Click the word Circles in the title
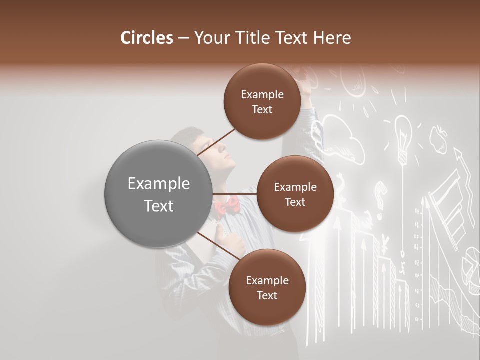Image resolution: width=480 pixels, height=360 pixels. tap(146, 38)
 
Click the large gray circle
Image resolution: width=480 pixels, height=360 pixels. tap(159, 194)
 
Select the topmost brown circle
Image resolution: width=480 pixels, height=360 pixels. tap(262, 102)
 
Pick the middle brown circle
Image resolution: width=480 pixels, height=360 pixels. tap(295, 194)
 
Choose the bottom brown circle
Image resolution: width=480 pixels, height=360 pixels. tap(267, 287)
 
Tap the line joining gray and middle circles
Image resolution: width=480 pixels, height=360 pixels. tap(235, 194)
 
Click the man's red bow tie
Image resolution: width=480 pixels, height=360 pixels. tap(227, 205)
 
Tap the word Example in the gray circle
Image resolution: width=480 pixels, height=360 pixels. tap(159, 184)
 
